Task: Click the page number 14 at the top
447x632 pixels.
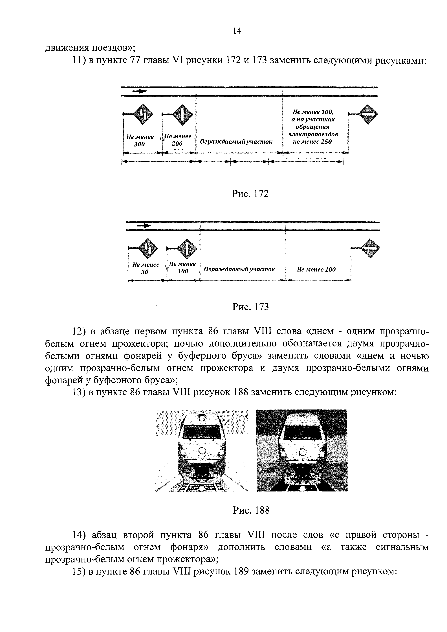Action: click(x=237, y=31)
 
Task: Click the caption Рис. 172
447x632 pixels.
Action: click(x=250, y=194)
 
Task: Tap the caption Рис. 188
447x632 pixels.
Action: click(x=251, y=511)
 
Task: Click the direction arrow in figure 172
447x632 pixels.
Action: click(x=140, y=91)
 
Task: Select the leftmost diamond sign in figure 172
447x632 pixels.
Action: click(x=143, y=114)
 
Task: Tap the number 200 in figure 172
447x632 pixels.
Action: click(x=177, y=144)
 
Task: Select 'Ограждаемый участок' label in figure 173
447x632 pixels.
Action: click(x=239, y=269)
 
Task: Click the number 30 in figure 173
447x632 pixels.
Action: click(x=145, y=272)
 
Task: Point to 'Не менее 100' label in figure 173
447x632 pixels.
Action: click(x=316, y=270)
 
